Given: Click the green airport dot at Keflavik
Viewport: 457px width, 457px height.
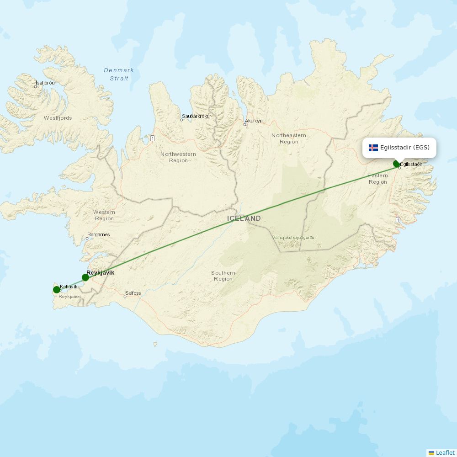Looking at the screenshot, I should (x=57, y=289).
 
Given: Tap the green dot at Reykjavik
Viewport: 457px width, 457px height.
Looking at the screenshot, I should (x=85, y=277).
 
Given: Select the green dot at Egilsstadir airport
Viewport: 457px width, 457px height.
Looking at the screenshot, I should (x=397, y=164).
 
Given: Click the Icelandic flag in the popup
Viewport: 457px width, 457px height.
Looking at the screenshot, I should (x=373, y=148).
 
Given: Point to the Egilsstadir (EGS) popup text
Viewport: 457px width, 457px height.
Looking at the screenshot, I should (x=404, y=148).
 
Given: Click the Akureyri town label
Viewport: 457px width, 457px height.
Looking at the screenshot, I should (x=254, y=121).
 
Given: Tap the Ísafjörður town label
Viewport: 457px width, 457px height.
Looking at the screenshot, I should (x=46, y=83).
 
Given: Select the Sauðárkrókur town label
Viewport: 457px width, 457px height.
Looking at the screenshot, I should (x=197, y=117).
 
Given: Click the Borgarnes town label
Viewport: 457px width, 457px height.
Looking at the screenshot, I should (x=99, y=235).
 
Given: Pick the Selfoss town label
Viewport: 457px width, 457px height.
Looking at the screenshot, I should (x=133, y=293).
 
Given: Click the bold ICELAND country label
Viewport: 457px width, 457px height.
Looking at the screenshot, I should (x=244, y=218).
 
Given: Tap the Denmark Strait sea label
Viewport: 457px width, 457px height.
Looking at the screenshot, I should (x=119, y=74).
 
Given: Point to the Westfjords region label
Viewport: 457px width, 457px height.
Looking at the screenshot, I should (x=58, y=118).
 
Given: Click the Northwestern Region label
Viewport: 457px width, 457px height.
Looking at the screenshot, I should (x=178, y=157).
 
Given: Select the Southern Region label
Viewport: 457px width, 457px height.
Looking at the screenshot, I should (x=223, y=276).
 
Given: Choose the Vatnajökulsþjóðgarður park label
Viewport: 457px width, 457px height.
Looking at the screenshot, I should (x=294, y=238).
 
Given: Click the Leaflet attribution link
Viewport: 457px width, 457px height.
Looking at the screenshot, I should (x=445, y=452).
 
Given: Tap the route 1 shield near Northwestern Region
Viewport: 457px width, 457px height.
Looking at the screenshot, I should (x=152, y=138).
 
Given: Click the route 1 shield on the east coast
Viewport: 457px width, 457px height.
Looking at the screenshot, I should (x=398, y=220).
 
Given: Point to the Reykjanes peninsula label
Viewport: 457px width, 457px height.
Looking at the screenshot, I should (x=70, y=297).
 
